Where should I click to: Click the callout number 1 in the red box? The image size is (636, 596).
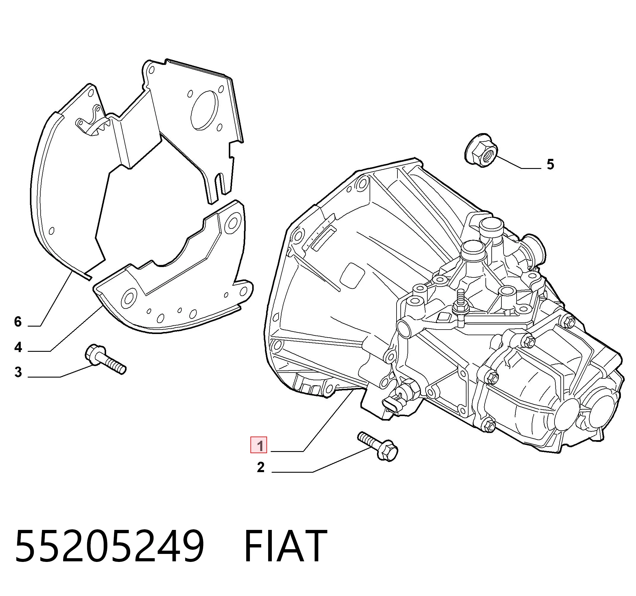click(258, 445)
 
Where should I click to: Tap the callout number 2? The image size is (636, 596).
click(261, 467)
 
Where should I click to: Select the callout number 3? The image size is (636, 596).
click(18, 372)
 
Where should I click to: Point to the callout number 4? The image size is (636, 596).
click(18, 347)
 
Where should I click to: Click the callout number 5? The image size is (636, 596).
click(550, 164)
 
